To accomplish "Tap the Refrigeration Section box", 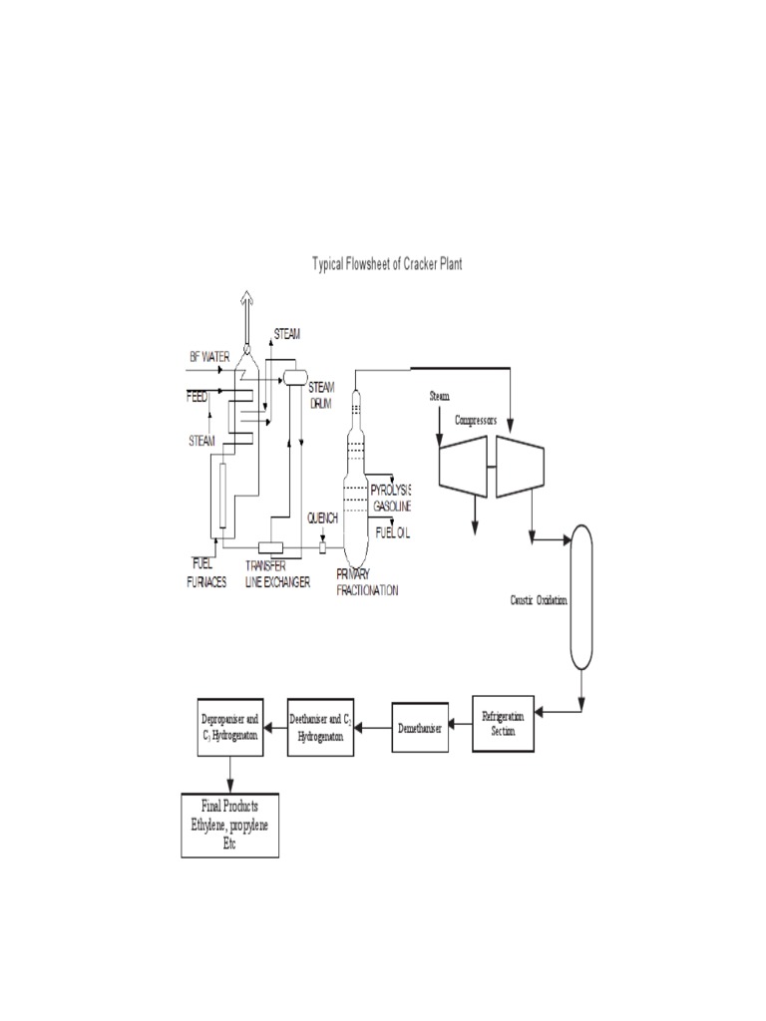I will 502,723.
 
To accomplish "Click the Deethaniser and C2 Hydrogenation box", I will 322,726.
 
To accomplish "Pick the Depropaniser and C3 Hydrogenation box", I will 230,726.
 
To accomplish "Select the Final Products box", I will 230,825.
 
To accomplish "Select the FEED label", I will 197,396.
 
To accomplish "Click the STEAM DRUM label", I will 321,393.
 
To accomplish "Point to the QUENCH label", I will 322,518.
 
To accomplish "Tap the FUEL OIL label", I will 392,533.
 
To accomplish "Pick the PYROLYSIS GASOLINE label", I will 390,499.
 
